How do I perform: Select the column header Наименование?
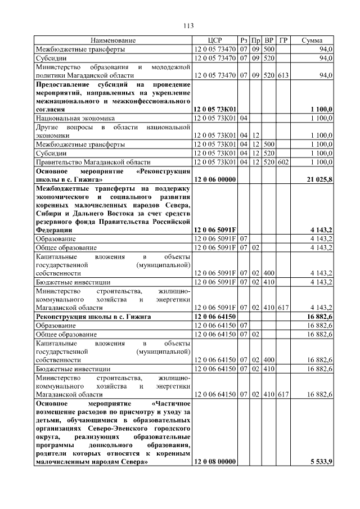pyautogui.click(x=113, y=40)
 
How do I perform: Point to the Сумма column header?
pyautogui.click(x=312, y=40)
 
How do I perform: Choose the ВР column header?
pyautogui.click(x=269, y=40)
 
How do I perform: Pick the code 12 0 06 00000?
pyautogui.click(x=214, y=179)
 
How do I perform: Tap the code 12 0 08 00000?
pyautogui.click(x=214, y=462)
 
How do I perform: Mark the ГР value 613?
pyautogui.click(x=283, y=75)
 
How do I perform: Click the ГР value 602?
pyautogui.click(x=283, y=161)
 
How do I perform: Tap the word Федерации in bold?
pyautogui.click(x=54, y=230)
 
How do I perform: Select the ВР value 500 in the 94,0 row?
pyautogui.click(x=269, y=49)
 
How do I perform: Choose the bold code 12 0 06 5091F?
pyautogui.click(x=214, y=230)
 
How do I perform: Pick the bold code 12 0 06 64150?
pyautogui.click(x=214, y=317)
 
